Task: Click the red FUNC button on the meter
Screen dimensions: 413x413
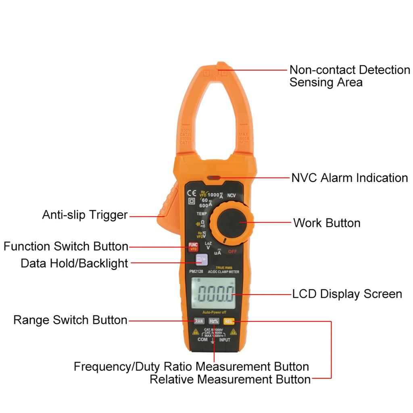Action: point(193,246)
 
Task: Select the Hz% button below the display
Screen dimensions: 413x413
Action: point(214,321)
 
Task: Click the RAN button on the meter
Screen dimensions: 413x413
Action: point(199,321)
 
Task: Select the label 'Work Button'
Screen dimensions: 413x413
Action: point(327,223)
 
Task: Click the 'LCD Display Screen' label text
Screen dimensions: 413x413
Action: point(347,294)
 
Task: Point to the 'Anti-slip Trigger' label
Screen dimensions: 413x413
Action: point(85,215)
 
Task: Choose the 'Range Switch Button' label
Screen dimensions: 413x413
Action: point(70,320)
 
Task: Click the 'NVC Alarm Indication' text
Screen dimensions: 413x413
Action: point(349,178)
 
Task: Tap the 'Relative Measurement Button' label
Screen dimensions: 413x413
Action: point(230,380)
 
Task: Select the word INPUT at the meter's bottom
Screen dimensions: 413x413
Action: point(225,340)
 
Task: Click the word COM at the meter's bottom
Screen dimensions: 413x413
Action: point(202,340)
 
